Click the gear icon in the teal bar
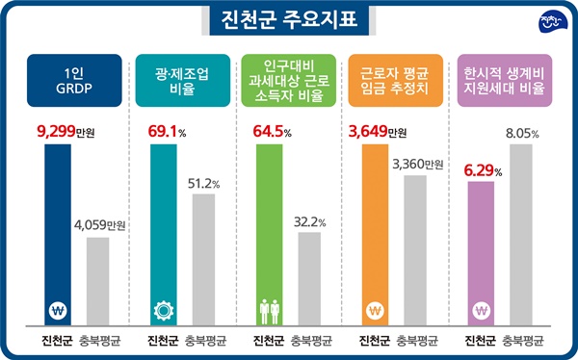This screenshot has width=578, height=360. click(163, 311)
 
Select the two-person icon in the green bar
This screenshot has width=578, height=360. click(269, 311)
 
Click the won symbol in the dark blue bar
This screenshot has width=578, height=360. click(57, 311)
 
